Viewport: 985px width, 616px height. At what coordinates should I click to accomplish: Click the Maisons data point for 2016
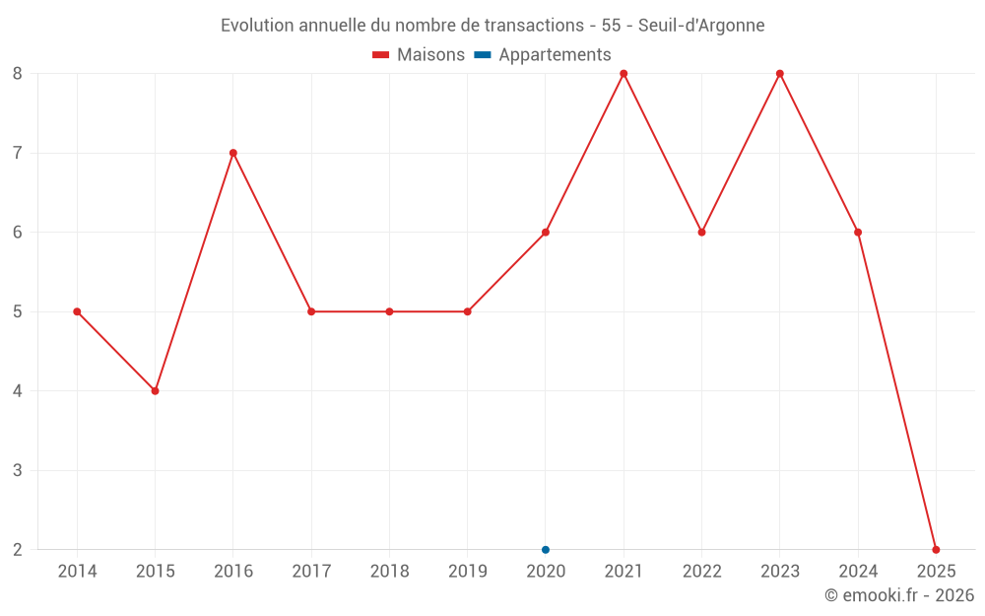point(233,153)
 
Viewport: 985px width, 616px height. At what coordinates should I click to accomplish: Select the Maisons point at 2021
point(624,74)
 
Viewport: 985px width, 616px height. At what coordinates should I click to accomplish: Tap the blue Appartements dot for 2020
point(546,550)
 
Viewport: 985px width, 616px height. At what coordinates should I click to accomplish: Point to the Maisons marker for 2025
point(936,550)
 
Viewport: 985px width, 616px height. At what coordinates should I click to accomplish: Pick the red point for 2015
point(155,391)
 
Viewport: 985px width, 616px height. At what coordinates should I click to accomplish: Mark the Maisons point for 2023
point(780,74)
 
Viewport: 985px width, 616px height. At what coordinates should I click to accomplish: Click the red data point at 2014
point(77,311)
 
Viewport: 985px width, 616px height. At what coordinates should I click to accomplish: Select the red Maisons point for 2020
point(546,233)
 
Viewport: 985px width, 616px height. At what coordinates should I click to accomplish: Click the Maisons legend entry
point(419,55)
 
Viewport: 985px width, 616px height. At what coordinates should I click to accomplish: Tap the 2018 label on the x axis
point(389,572)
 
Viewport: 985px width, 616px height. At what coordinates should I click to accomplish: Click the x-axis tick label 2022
point(701,572)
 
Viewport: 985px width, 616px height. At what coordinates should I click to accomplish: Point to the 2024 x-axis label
point(858,572)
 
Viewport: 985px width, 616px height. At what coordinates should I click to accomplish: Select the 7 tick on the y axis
point(18,153)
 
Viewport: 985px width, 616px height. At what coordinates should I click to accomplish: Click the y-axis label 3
point(18,470)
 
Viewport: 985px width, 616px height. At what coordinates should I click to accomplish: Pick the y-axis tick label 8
point(18,74)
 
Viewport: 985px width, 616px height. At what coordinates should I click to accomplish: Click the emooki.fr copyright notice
point(898,595)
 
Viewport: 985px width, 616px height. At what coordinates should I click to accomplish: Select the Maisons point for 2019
point(467,311)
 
